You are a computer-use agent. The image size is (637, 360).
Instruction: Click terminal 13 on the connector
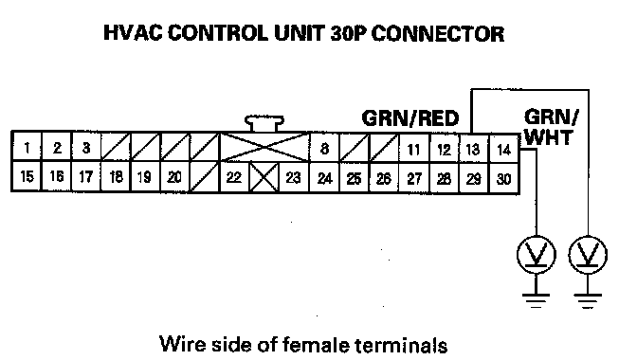(x=474, y=149)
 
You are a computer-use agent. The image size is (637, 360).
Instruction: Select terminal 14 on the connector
(x=503, y=149)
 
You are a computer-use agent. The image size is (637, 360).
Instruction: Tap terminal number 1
(x=27, y=147)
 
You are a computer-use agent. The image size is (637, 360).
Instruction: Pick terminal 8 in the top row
(x=324, y=148)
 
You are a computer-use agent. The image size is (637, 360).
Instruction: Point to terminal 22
(x=234, y=177)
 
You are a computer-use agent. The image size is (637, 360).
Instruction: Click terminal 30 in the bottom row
(x=503, y=179)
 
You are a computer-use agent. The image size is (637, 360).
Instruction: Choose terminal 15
(x=27, y=176)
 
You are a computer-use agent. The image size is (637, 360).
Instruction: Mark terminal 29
(x=474, y=179)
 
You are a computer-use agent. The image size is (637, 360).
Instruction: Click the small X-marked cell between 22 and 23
(x=264, y=177)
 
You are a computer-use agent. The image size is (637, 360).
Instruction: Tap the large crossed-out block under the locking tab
(x=264, y=147)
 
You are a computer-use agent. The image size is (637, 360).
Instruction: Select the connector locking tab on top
(x=264, y=123)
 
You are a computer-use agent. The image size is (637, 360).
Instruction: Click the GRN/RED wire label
(x=409, y=118)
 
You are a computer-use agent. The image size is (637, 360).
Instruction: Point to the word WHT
(x=549, y=137)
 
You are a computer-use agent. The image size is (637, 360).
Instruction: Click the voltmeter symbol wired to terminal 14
(x=537, y=255)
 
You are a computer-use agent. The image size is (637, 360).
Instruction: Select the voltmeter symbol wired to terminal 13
(x=588, y=255)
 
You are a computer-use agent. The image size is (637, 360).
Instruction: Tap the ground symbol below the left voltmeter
(x=537, y=300)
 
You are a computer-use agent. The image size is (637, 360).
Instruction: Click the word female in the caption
(x=316, y=345)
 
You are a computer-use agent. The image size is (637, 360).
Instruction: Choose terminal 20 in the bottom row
(x=174, y=177)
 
